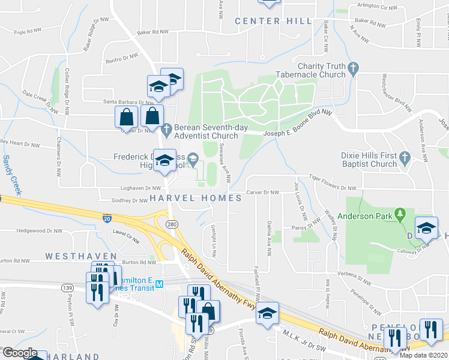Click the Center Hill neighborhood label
pos(273,21)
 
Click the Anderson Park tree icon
pos(399,214)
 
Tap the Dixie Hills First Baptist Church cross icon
pos(405,158)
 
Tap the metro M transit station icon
pos(160,284)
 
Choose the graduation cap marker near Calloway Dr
pos(426,229)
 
